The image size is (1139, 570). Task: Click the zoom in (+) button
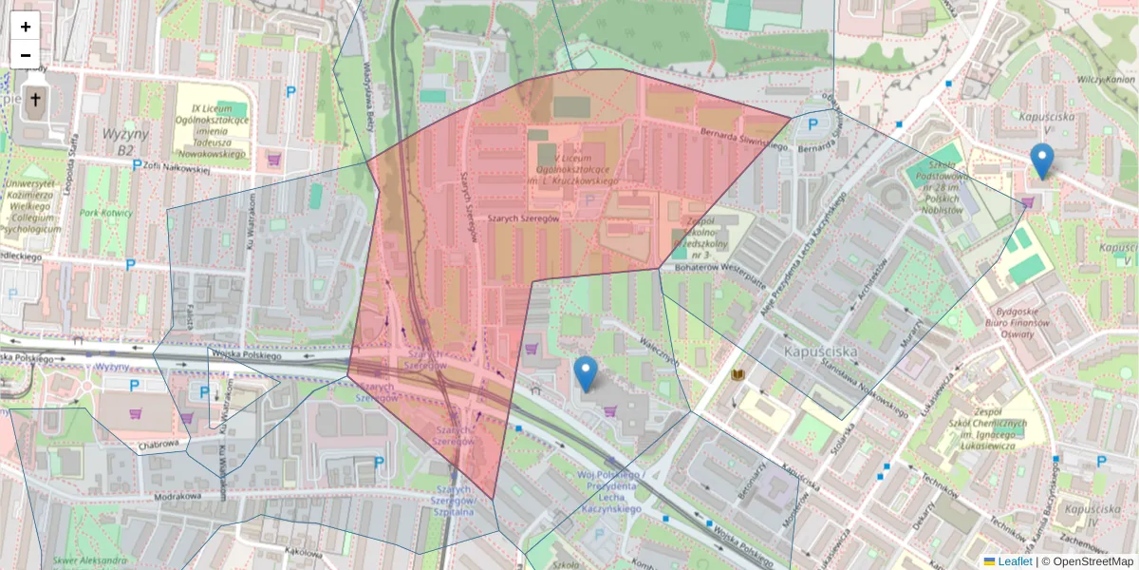[26, 27]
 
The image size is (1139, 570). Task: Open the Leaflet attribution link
[1015, 561]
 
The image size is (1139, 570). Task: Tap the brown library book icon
[738, 374]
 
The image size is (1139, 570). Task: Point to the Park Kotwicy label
[105, 214]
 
